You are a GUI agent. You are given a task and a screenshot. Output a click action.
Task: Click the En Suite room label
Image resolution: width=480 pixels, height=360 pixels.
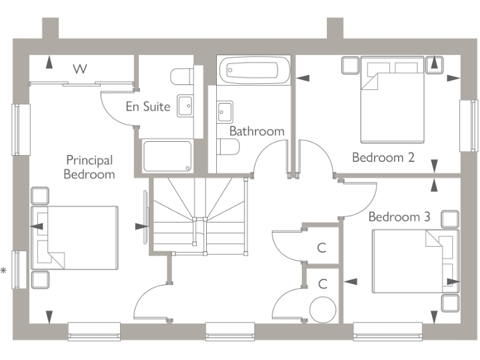pyautogui.click(x=148, y=106)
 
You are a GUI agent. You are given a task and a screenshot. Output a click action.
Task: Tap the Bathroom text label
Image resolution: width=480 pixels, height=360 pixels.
pyautogui.click(x=256, y=131)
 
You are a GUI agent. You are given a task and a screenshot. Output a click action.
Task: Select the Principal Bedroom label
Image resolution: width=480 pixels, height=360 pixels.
pyautogui.click(x=89, y=167)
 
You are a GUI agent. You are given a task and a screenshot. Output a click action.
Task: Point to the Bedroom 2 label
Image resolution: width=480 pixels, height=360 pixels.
pyautogui.click(x=383, y=157)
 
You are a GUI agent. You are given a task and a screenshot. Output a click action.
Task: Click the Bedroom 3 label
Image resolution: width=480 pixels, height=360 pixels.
pyautogui.click(x=399, y=217)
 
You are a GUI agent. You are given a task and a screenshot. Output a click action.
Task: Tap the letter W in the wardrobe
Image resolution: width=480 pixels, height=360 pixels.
pyautogui.click(x=79, y=69)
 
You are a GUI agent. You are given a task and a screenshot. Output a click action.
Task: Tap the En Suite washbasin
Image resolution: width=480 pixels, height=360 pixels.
pyautogui.click(x=185, y=106)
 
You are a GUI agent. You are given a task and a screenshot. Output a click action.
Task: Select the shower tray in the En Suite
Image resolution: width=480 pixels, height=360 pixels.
pyautogui.click(x=167, y=156)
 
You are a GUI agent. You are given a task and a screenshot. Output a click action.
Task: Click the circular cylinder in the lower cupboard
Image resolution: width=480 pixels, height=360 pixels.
pyautogui.click(x=323, y=309)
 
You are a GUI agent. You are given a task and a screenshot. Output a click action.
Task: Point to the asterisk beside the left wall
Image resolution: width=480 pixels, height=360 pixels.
pyautogui.click(x=4, y=271)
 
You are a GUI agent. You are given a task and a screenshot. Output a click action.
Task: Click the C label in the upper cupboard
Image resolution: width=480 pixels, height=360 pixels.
pyautogui.click(x=322, y=248)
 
